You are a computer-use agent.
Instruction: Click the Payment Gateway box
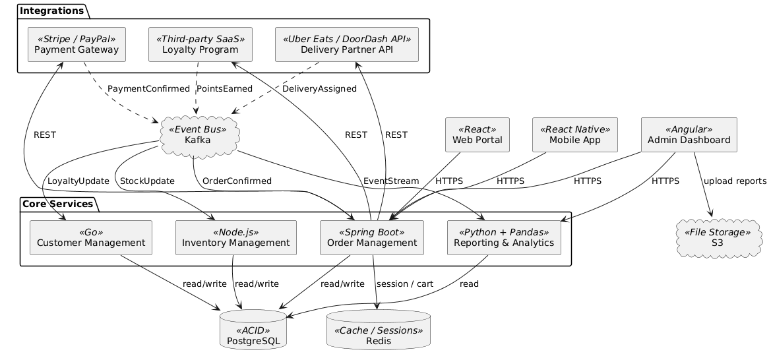(77, 44)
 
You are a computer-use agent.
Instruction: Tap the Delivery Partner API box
(347, 44)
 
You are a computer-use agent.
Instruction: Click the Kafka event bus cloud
(198, 135)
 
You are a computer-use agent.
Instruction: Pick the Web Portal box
(478, 135)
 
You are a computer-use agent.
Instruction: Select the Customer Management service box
(92, 237)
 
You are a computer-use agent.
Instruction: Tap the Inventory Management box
(236, 237)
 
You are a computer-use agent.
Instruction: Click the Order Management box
(371, 237)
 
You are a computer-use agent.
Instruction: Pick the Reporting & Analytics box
(505, 237)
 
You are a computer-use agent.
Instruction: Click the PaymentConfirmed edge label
(137, 88)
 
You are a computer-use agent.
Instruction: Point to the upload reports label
(734, 181)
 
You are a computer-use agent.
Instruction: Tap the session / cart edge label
(404, 284)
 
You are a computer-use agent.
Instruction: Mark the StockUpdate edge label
(147, 181)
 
